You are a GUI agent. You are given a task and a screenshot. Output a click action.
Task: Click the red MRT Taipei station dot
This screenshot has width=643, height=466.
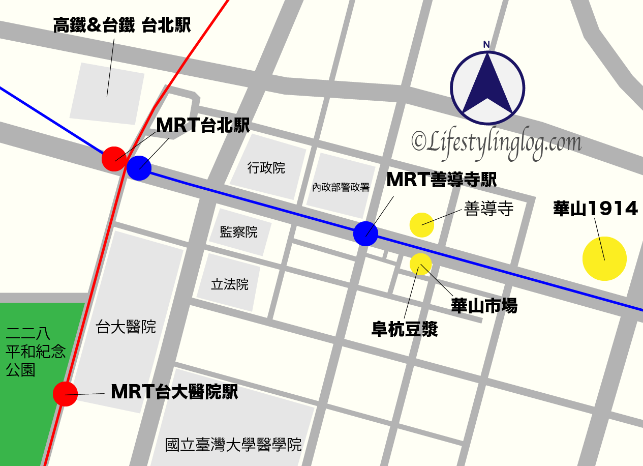click(114, 159)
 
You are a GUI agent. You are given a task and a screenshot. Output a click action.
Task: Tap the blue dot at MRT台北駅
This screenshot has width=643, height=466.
click(139, 168)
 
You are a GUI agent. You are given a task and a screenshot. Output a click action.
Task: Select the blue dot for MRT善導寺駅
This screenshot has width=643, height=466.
click(366, 234)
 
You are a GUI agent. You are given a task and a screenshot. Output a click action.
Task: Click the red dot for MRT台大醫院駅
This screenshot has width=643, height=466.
click(65, 394)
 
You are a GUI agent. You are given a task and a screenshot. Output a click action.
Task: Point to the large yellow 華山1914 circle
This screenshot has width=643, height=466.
click(604, 258)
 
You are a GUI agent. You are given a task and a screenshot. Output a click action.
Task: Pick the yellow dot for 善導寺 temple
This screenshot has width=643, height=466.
click(422, 224)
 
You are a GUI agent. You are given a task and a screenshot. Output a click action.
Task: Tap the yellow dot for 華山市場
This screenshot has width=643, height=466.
click(420, 264)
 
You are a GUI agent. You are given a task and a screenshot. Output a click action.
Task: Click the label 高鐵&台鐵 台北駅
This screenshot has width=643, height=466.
click(122, 25)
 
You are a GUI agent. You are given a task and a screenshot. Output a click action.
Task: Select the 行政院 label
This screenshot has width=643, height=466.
click(266, 168)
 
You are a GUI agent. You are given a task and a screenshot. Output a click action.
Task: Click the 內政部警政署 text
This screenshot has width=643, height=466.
click(341, 187)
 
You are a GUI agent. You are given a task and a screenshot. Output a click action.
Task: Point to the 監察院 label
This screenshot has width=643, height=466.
click(239, 232)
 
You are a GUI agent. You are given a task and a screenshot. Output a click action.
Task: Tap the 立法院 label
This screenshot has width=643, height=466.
click(230, 284)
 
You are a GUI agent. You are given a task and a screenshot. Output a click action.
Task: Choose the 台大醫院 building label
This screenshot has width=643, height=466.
click(126, 327)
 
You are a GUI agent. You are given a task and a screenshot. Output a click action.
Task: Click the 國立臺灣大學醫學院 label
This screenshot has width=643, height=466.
click(233, 445)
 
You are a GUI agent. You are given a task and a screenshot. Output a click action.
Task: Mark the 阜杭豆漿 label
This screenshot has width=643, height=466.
click(405, 330)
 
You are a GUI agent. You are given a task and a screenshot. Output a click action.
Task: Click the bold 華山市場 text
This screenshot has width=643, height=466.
click(484, 306)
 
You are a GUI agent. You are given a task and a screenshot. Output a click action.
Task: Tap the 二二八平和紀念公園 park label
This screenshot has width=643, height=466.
click(36, 352)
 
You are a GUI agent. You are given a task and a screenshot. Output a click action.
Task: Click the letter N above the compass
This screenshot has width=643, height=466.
click(486, 44)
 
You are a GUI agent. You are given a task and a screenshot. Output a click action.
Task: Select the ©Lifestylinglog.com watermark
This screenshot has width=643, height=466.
click(496, 142)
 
